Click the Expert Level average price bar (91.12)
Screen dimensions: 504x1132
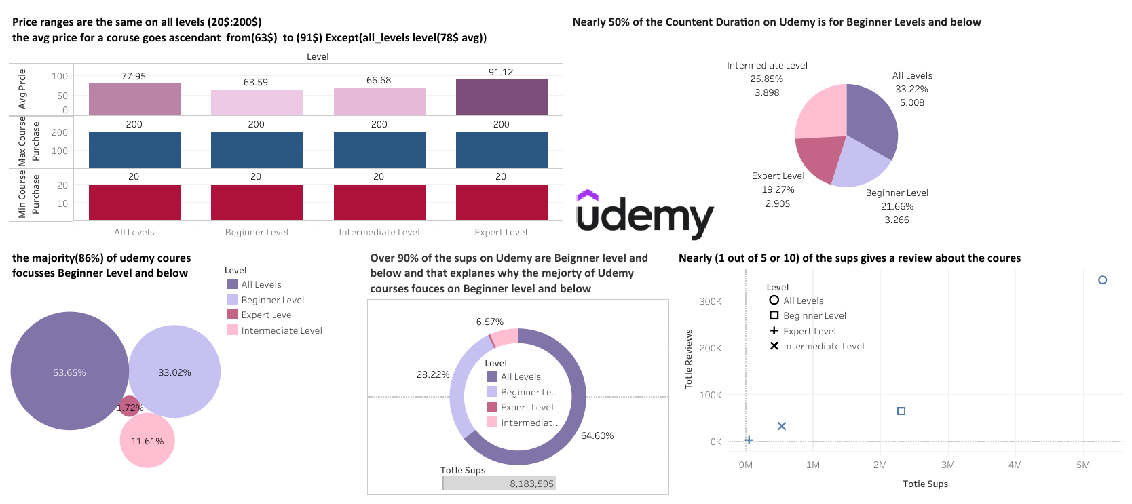click(x=502, y=97)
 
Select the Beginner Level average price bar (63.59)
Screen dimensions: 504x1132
click(x=257, y=102)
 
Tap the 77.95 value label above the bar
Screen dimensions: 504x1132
click(x=134, y=76)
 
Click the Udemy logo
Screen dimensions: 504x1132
click(x=644, y=214)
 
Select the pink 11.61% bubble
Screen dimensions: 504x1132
click(x=147, y=441)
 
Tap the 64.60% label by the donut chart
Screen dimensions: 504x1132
click(x=597, y=435)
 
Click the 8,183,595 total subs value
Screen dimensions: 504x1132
click(x=531, y=484)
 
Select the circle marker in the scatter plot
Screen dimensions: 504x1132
click(x=1102, y=279)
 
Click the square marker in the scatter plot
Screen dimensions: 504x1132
click(x=901, y=411)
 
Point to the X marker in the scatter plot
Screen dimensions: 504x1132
click(x=782, y=426)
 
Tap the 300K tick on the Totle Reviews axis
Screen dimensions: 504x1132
click(x=710, y=301)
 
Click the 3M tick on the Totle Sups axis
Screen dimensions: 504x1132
click(x=948, y=465)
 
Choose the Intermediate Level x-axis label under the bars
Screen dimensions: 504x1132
click(x=379, y=232)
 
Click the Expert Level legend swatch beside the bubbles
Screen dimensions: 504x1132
click(x=232, y=315)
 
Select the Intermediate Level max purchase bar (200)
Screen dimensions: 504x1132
click(x=379, y=150)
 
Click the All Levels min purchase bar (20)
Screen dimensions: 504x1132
click(x=134, y=202)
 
